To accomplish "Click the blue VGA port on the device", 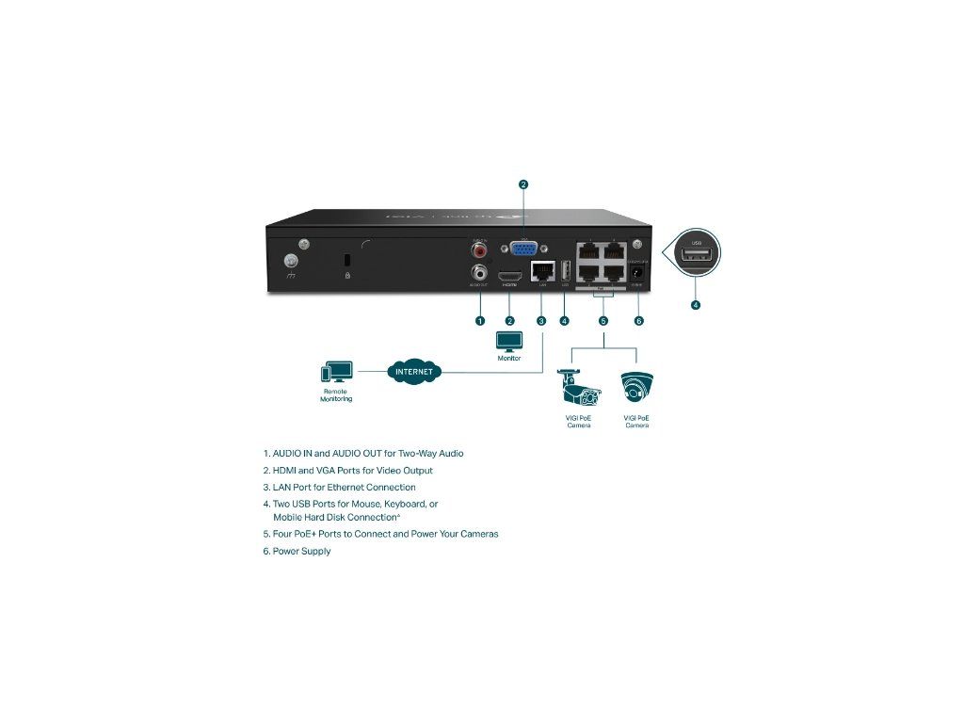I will tap(522, 250).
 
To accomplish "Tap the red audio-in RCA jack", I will tap(481, 251).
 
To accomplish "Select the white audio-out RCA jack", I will tap(481, 273).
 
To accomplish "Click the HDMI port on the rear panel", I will tap(510, 277).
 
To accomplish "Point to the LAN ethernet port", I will tap(541, 272).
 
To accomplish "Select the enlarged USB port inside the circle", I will tap(697, 258).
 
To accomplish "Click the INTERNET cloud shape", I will tap(414, 371).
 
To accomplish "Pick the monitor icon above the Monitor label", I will tap(509, 342).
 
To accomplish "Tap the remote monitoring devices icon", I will tap(336, 372).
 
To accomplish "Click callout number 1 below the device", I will tap(479, 321).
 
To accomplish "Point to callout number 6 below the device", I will tap(639, 321).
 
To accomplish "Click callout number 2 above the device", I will tap(523, 185).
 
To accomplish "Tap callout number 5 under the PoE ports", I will tap(603, 321).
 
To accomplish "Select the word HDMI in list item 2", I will tap(284, 470).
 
